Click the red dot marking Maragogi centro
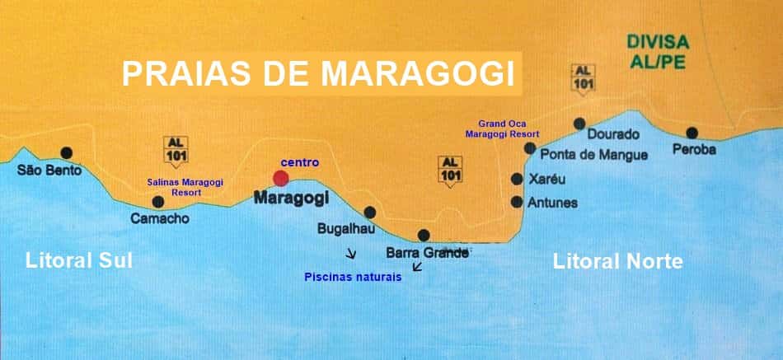coord(281,178)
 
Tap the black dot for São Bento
coord(67,152)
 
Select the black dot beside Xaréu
coord(517,179)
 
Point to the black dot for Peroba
coord(692,133)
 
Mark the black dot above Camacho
coord(158,202)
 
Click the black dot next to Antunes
coord(517,202)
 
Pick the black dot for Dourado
coord(579,123)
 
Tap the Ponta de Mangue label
coord(593,154)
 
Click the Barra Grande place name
coord(427,253)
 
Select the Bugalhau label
coord(347,228)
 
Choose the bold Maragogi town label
coord(291,199)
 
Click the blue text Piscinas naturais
coord(353,277)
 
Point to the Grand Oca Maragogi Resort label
coord(502,129)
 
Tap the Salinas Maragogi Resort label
coord(185,186)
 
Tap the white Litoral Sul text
coord(79,261)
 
